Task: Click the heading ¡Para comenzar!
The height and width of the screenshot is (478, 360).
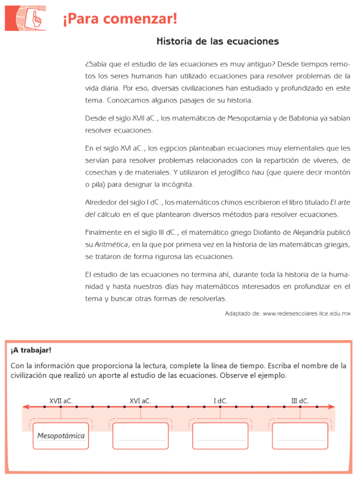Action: click(x=120, y=20)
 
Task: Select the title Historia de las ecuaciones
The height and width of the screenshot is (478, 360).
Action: click(x=218, y=42)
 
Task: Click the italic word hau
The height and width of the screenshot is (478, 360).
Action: click(x=258, y=172)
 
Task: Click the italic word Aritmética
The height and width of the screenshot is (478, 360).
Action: click(x=111, y=244)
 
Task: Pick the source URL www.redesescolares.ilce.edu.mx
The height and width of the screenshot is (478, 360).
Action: click(x=306, y=313)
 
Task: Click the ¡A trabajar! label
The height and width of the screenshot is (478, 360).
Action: click(x=31, y=350)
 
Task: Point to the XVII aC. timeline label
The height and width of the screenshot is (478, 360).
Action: click(x=61, y=400)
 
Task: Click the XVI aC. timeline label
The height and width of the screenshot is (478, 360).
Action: click(x=140, y=400)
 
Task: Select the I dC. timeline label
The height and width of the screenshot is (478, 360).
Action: click(x=220, y=400)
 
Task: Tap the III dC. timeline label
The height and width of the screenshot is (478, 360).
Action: click(x=300, y=400)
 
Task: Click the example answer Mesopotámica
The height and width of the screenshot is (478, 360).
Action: click(x=61, y=436)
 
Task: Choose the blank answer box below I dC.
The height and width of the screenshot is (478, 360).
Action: click(x=220, y=436)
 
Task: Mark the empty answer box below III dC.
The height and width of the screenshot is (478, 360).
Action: click(x=300, y=436)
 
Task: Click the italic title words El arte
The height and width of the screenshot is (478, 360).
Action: click(x=340, y=202)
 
